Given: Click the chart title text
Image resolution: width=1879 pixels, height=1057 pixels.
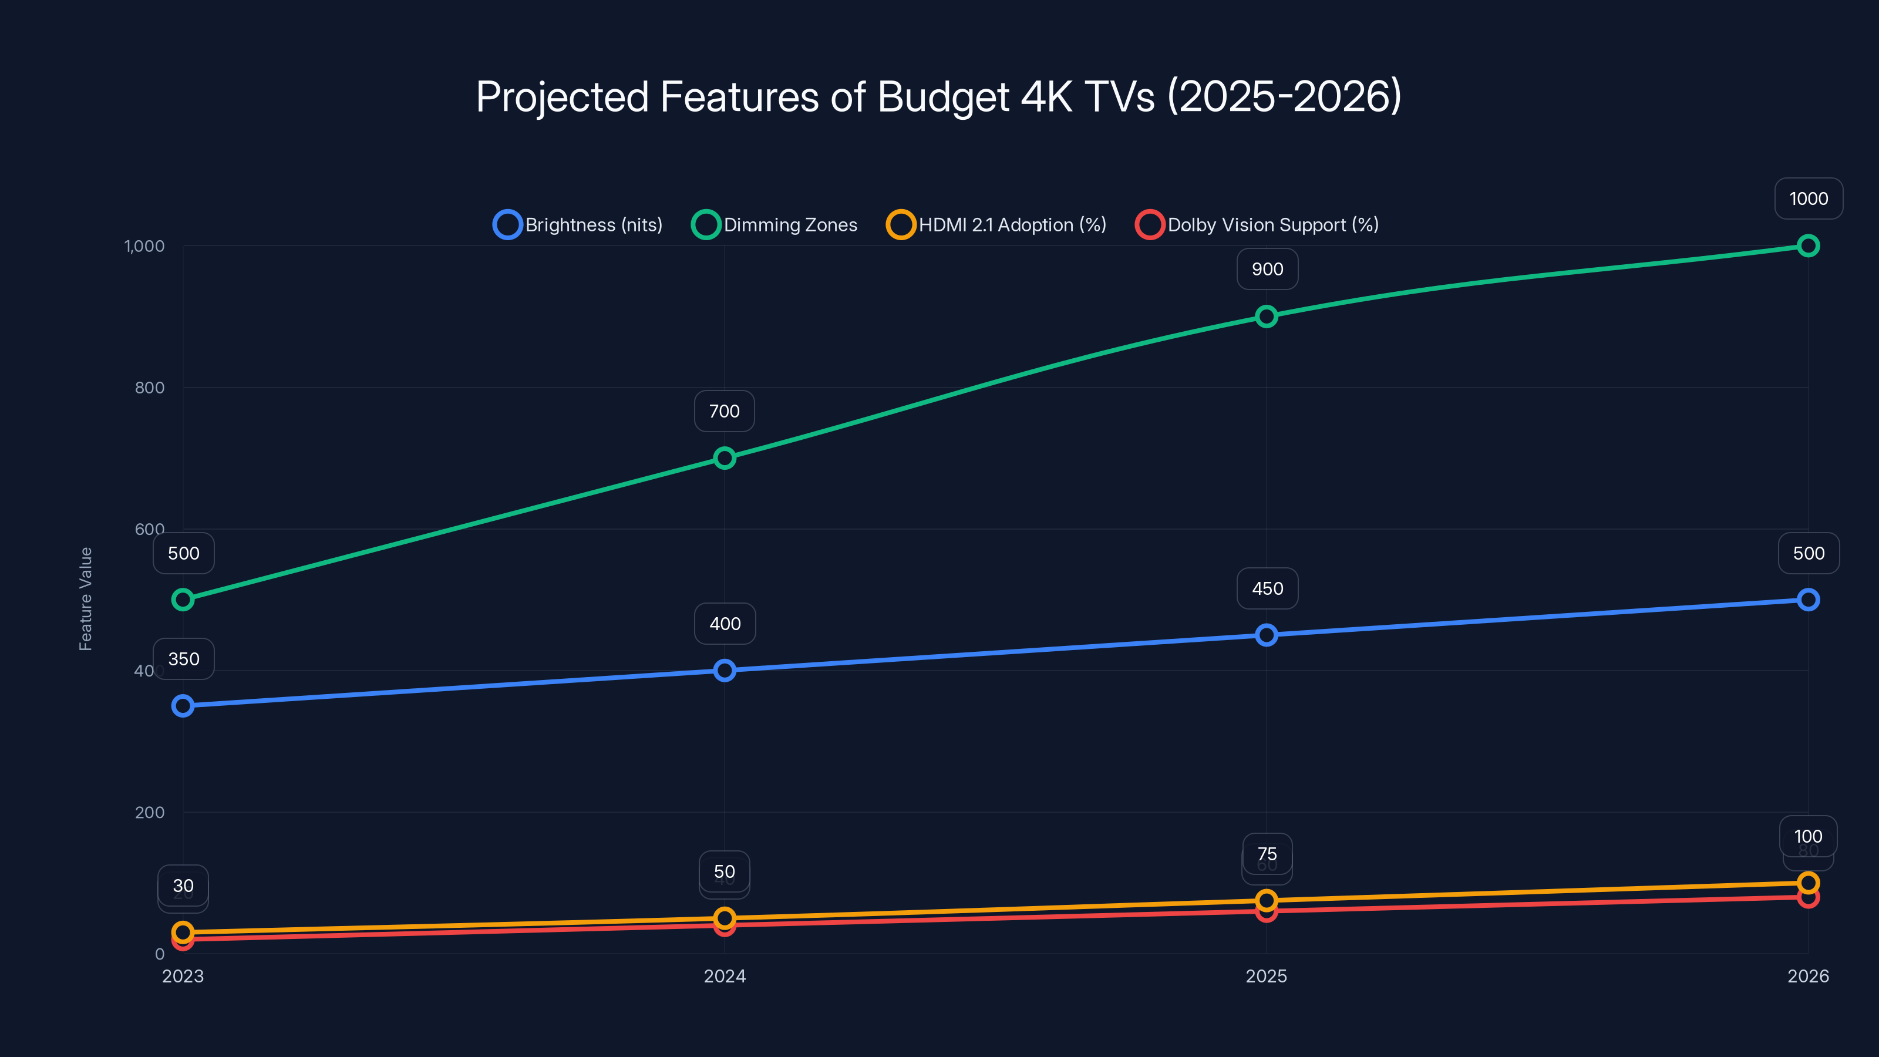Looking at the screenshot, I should click(939, 96).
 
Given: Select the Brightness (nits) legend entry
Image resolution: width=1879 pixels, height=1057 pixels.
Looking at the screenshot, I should click(578, 225).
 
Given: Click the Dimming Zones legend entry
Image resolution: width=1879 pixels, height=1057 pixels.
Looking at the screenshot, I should click(775, 225).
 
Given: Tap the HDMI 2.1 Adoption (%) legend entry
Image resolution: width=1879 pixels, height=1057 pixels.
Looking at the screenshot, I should click(996, 225).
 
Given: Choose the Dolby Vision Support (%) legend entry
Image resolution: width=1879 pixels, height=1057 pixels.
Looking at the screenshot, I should click(1257, 225).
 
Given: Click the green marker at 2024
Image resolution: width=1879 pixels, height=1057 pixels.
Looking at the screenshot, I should click(725, 458).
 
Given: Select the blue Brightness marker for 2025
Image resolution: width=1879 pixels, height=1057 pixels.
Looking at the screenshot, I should click(1267, 635).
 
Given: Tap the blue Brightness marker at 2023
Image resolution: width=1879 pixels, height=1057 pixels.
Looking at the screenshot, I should click(183, 705).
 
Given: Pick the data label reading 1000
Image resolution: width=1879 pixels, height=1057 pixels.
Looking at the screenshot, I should click(1809, 198).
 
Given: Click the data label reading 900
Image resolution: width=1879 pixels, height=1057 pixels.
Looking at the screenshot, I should click(1267, 269).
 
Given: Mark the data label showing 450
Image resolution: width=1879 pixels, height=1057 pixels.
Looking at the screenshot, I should click(1267, 588).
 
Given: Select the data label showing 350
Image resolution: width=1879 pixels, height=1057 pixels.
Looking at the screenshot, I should click(184, 659).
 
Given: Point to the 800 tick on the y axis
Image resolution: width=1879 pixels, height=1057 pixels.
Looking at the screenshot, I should click(150, 388).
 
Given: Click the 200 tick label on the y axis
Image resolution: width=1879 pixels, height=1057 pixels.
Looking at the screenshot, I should click(150, 812).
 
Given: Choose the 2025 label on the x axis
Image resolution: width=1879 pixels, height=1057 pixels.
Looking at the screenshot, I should click(1267, 976).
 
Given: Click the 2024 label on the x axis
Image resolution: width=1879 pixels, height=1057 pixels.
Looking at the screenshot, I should click(725, 976).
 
